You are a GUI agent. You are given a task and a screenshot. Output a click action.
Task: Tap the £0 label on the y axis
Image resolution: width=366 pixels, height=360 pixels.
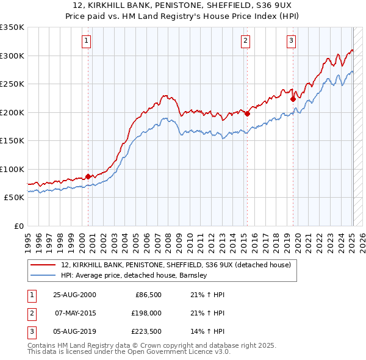[x=19, y=226]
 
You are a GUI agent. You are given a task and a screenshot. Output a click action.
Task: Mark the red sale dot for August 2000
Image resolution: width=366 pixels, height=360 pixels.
[x=88, y=176]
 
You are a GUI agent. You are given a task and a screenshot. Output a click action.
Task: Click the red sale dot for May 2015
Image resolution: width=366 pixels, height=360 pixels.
[x=247, y=113]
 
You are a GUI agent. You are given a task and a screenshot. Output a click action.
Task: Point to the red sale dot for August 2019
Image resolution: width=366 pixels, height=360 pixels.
[x=293, y=98]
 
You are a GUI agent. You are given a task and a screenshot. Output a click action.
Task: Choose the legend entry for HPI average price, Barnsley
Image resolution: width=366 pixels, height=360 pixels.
[x=134, y=275]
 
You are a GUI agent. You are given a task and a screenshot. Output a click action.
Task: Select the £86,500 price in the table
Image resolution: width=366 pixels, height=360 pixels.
[x=148, y=295]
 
